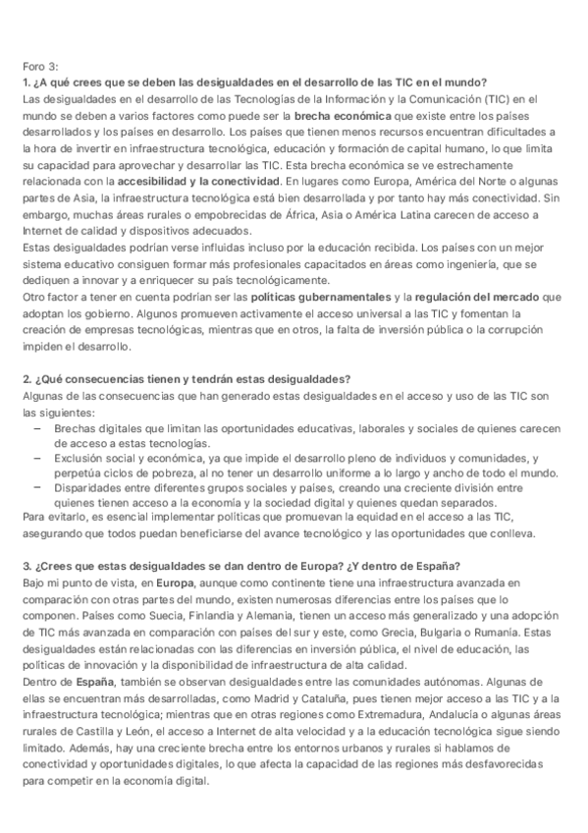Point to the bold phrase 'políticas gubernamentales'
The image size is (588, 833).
coord(320,297)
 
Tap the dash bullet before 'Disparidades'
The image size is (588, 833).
coord(37,488)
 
